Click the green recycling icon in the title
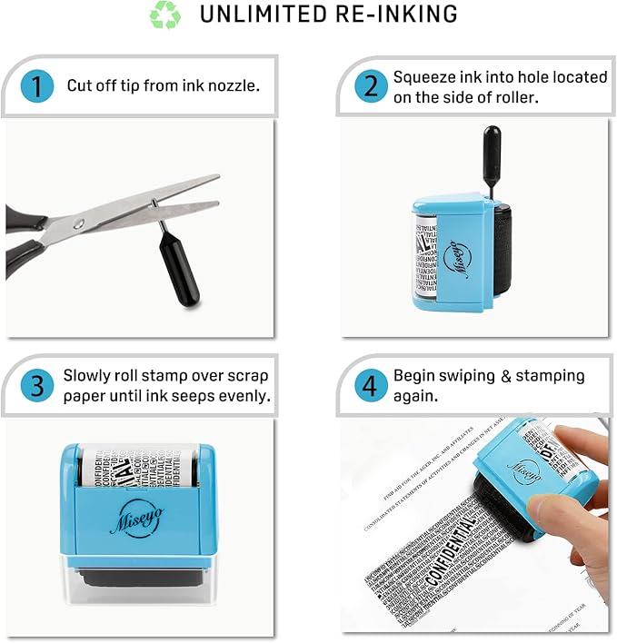165,15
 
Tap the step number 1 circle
36,87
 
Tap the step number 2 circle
371,86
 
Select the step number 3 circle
37,385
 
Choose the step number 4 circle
371,385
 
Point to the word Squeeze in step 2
423,77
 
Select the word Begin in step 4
414,375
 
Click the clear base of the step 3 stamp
136,590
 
